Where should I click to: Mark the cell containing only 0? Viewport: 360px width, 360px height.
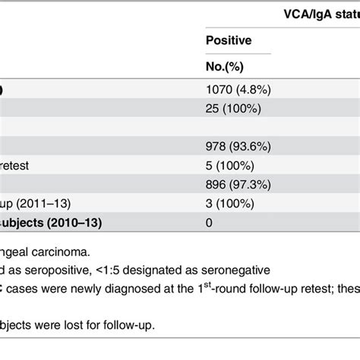[x=210, y=223]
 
